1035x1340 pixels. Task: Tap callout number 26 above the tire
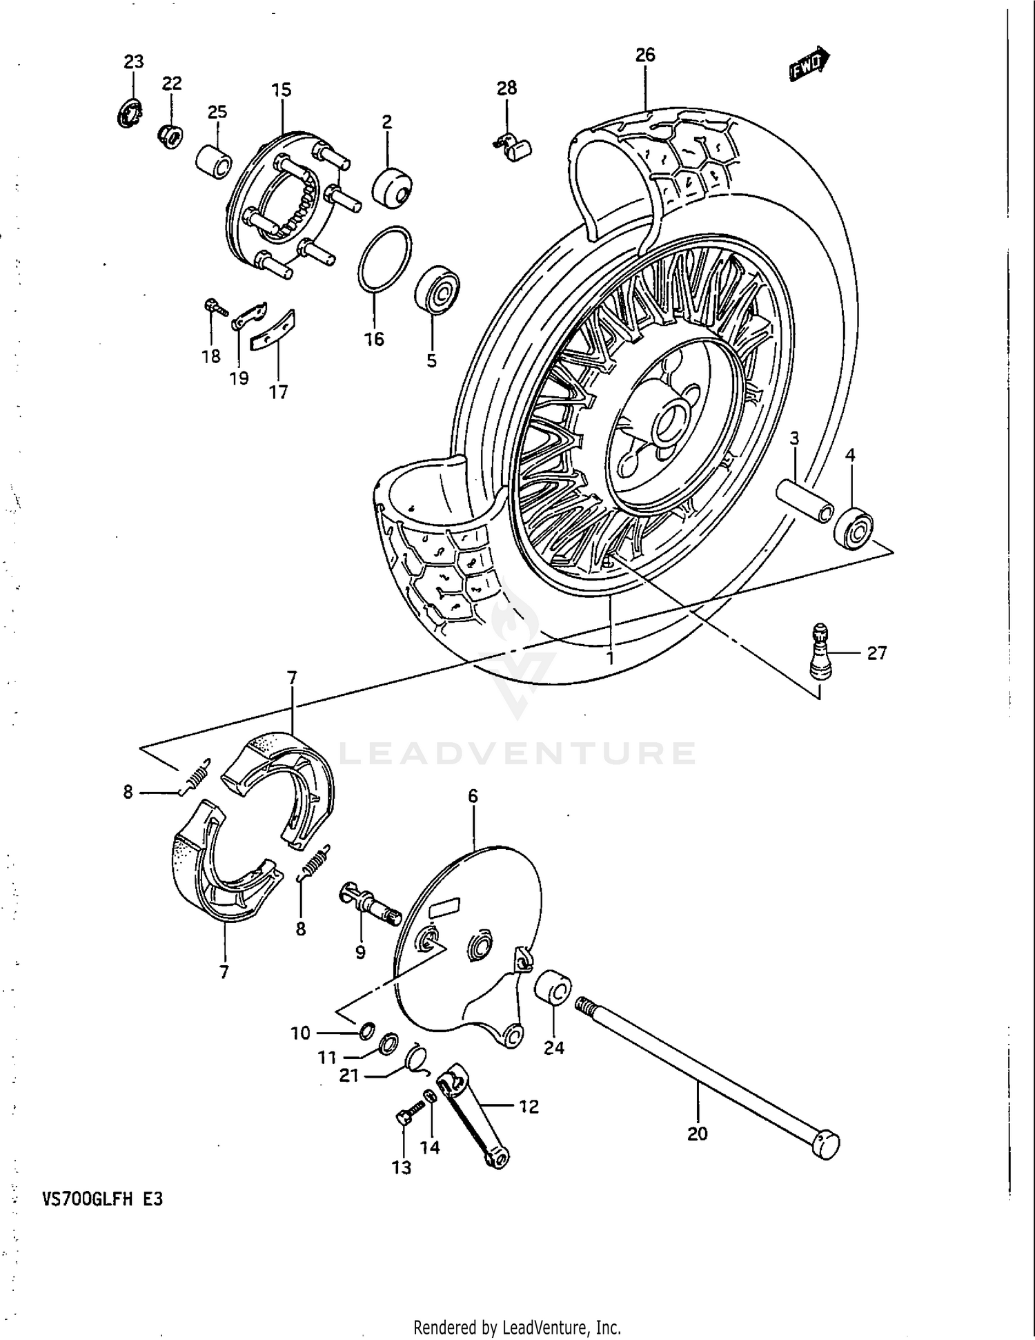tap(645, 55)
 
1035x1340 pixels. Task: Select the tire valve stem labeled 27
tap(820, 649)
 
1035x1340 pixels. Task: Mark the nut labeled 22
tap(170, 134)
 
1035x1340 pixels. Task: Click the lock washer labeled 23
tap(129, 113)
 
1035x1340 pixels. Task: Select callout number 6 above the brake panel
tap(473, 796)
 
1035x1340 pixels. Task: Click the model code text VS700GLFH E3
tap(102, 1200)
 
